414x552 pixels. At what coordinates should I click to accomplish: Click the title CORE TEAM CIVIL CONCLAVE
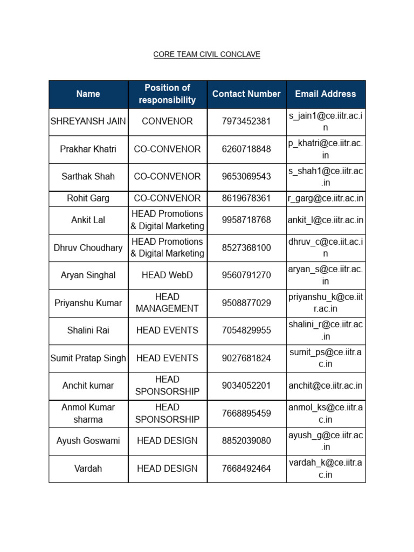coord(206,54)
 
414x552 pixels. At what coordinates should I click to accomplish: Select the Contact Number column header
coord(246,94)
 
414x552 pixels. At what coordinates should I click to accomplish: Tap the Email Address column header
coord(326,94)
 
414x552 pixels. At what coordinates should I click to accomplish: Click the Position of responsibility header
coord(167,94)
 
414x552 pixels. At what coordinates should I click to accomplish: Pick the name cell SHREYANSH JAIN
coord(88,121)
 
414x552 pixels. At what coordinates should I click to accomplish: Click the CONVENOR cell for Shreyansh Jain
coord(167,121)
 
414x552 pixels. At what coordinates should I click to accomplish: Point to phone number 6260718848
coord(246,149)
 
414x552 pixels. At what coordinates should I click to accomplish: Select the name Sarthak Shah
coord(88,176)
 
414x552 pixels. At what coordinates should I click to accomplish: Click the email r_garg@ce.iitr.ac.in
coord(326,198)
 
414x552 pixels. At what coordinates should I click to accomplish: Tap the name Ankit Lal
coord(88,220)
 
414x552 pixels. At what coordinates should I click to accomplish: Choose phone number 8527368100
coord(246,248)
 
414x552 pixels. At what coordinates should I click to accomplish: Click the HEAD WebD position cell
coord(167,275)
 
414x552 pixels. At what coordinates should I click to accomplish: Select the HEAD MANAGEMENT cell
coord(167,303)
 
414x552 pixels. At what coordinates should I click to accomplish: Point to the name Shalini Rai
coord(88,330)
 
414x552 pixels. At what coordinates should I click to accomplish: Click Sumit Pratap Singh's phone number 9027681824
coord(246,358)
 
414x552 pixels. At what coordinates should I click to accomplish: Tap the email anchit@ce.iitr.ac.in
coord(326,385)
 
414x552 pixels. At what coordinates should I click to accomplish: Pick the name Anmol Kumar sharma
coord(88,413)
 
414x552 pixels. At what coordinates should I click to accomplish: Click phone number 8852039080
coord(246,441)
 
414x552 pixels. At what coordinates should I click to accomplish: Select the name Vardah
coord(88,468)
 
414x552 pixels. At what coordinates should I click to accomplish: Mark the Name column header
coord(88,94)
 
